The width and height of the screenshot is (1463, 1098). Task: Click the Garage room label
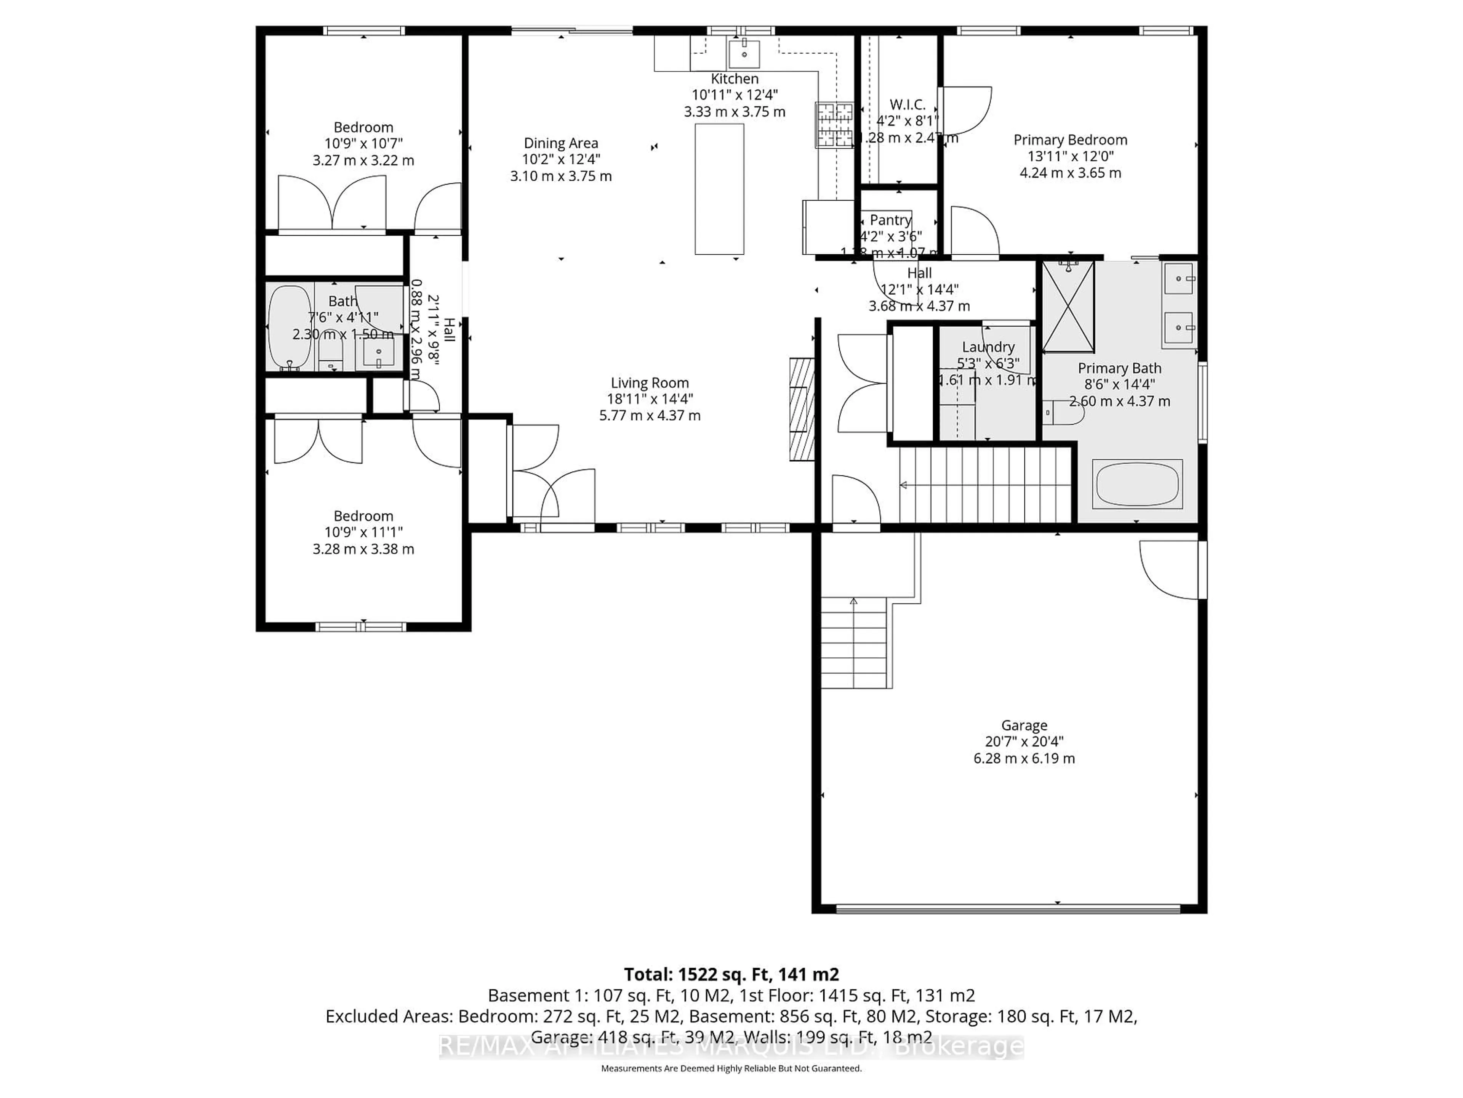click(x=1023, y=726)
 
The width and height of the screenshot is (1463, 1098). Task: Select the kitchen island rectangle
click(x=719, y=189)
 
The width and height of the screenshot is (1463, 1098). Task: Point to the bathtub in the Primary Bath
click(x=1137, y=485)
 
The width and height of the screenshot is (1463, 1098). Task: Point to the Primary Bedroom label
click(x=1070, y=140)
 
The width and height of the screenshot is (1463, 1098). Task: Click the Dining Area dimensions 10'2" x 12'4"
click(x=561, y=159)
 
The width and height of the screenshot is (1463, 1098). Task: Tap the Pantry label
click(x=890, y=220)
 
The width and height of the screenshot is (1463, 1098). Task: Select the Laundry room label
click(x=988, y=347)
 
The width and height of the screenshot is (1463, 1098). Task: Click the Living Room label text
click(x=650, y=382)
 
